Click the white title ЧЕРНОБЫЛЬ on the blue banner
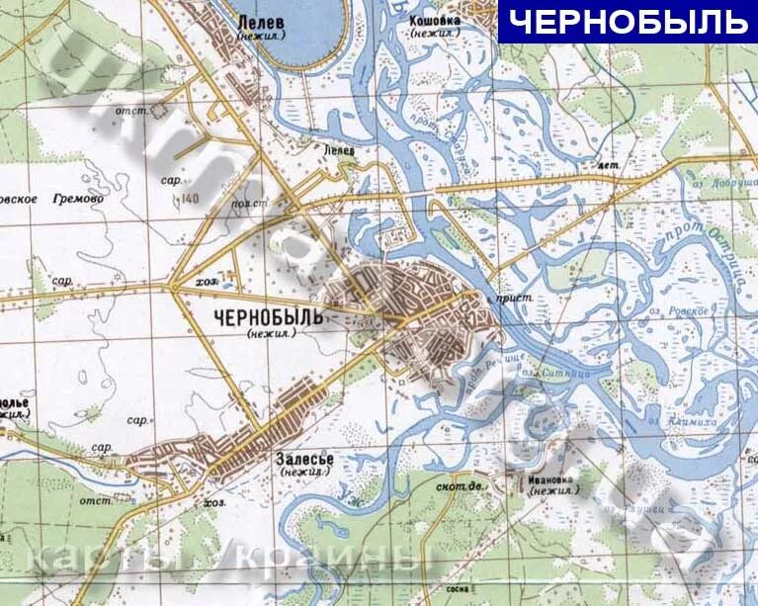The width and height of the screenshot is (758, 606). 628,21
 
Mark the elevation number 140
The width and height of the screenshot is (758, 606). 191,200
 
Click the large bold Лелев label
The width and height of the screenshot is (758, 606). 261,19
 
